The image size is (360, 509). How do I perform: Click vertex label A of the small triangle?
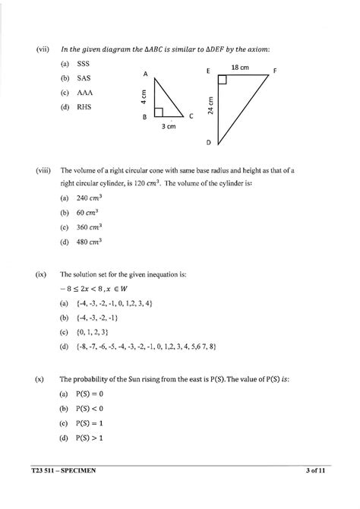pyautogui.click(x=144, y=74)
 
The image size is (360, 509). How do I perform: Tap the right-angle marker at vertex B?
pyautogui.click(x=158, y=112)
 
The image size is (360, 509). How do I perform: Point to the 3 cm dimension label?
pyautogui.click(x=169, y=128)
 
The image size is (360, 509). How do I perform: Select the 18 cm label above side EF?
pyautogui.click(x=239, y=68)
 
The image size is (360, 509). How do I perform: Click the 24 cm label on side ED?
pyautogui.click(x=211, y=105)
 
